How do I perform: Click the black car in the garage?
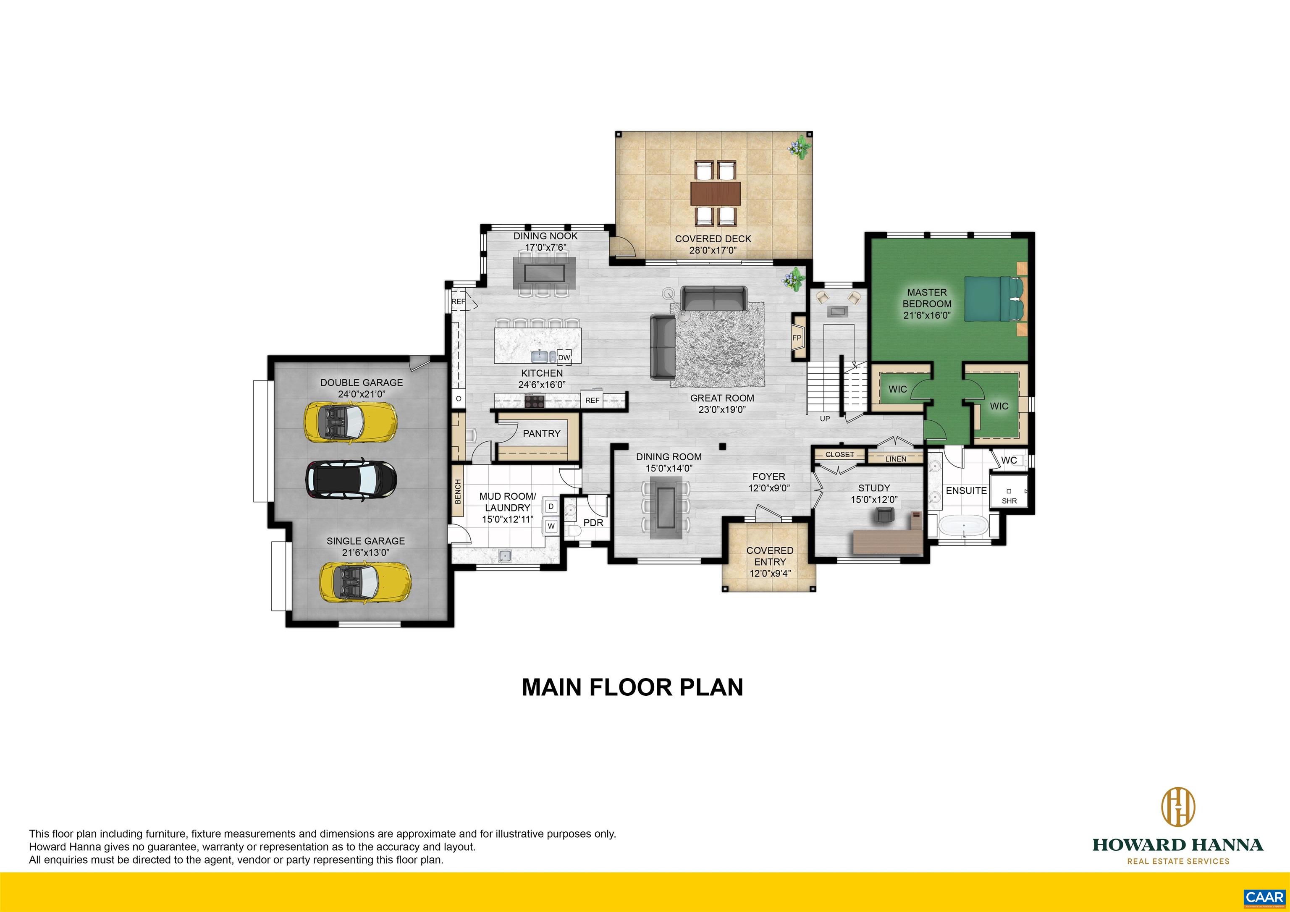[351, 480]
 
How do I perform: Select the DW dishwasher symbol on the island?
[564, 357]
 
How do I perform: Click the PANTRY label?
[542, 434]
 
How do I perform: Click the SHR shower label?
[1009, 501]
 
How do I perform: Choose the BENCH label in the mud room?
[458, 491]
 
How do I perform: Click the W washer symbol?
[551, 527]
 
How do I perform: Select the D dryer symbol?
[551, 506]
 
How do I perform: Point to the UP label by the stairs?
[825, 419]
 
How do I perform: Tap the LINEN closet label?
[896, 459]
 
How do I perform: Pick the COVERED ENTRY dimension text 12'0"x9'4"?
[770, 574]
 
